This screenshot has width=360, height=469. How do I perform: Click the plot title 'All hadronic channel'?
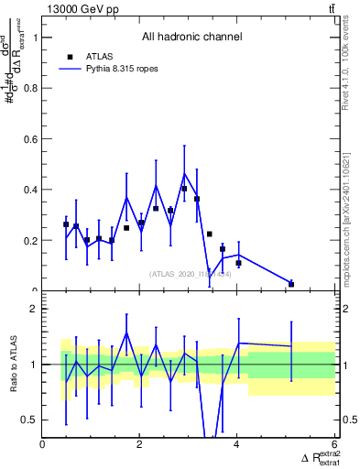[x=191, y=38]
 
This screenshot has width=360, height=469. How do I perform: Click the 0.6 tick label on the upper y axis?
[x=28, y=139]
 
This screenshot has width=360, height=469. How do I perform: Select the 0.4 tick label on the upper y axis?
[x=28, y=190]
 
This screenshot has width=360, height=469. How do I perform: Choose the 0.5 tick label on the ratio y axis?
[x=28, y=420]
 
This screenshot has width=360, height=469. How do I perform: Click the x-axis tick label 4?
[x=237, y=445]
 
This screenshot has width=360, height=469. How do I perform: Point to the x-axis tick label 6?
[x=334, y=445]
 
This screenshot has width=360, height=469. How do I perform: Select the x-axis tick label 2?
[x=140, y=445]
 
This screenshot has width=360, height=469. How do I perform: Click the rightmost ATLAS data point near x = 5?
[x=291, y=284]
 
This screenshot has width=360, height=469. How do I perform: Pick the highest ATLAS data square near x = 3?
[x=184, y=189]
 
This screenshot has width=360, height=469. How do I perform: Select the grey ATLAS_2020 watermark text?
[x=191, y=273]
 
